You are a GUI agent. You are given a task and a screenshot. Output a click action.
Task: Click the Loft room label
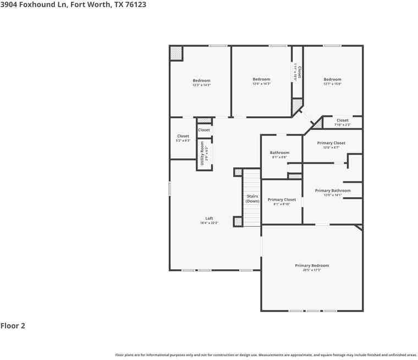click(209, 219)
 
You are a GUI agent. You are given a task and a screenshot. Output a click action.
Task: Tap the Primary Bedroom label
click(311, 265)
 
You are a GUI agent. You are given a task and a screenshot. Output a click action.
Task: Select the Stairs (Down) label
click(252, 198)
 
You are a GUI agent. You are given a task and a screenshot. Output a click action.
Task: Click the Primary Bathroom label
click(332, 190)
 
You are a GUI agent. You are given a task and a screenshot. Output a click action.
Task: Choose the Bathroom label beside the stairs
click(279, 152)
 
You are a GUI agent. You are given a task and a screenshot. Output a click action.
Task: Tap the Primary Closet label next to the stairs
click(282, 199)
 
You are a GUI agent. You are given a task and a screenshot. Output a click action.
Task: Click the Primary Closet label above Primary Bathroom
click(331, 143)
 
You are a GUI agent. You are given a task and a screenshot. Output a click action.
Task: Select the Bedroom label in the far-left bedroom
click(201, 81)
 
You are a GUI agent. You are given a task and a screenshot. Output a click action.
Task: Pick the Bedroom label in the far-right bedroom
click(332, 79)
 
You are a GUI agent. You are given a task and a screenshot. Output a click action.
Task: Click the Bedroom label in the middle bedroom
click(261, 79)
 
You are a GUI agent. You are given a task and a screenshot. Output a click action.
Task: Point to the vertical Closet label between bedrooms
click(299, 73)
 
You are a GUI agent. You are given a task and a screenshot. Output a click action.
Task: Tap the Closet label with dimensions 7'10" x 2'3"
click(342, 120)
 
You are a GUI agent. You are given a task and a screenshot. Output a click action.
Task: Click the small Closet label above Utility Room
click(204, 130)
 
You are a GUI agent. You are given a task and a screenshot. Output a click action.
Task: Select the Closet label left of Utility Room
click(183, 136)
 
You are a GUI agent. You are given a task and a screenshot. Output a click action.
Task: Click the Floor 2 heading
click(13, 325)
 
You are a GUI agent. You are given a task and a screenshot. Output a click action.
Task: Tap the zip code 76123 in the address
click(135, 4)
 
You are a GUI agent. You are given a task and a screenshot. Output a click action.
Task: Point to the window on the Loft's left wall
click(169, 189)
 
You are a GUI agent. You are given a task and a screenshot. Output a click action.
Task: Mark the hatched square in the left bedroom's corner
click(175, 53)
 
